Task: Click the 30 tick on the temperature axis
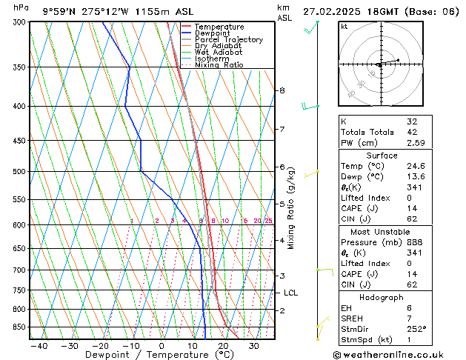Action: (x=254, y=345)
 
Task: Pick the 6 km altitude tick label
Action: (x=282, y=167)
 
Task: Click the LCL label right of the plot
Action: (x=290, y=293)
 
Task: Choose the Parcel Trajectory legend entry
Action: (x=228, y=39)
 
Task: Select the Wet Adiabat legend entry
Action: (x=218, y=52)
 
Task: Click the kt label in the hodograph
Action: (x=344, y=27)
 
